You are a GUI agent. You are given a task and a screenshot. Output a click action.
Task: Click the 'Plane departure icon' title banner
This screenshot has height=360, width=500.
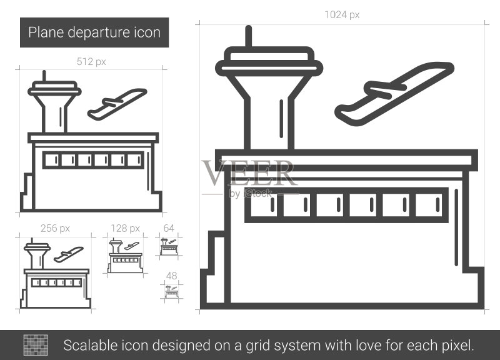[x=94, y=32]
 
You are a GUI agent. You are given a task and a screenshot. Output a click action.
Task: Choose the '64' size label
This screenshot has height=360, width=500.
[x=169, y=228]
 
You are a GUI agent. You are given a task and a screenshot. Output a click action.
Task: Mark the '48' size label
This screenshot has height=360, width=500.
[x=171, y=276]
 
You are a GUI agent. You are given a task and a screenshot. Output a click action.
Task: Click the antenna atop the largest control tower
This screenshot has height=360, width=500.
[x=249, y=36]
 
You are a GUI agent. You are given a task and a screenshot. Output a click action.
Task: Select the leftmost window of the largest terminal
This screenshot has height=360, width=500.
[x=264, y=205]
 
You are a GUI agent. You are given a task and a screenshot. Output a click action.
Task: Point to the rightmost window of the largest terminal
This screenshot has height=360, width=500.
[x=429, y=205]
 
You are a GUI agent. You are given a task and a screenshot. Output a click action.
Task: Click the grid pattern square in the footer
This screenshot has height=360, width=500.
[x=36, y=345]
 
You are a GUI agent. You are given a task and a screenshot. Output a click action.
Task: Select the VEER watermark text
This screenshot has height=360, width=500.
[x=249, y=173]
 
